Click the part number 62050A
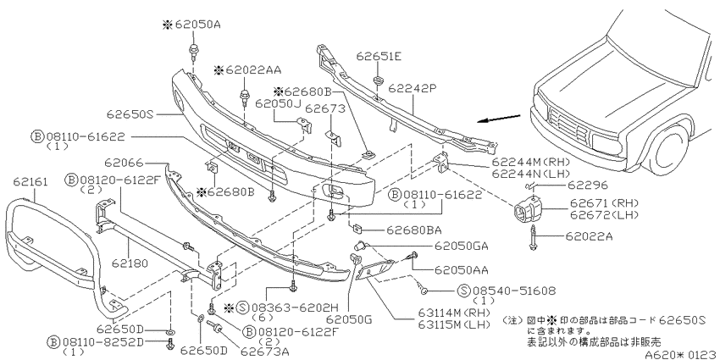pos(197,25)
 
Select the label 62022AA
pos(253,70)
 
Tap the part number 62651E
pos(379,57)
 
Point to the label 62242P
pos(412,88)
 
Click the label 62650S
pos(130,114)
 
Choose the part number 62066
pos(124,163)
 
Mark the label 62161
pos(30,182)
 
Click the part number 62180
pos(130,263)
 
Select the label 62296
pos(587,185)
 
